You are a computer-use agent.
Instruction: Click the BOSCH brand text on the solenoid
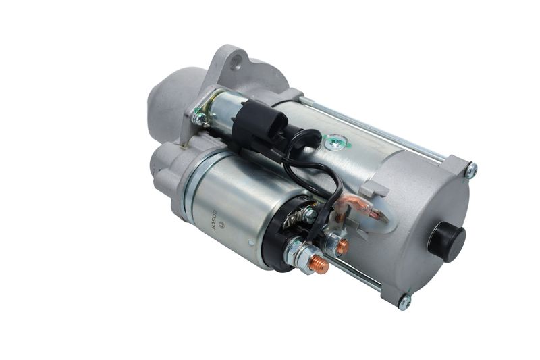(215, 220)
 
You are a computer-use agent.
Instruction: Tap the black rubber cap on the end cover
(449, 238)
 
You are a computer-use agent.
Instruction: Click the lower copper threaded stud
(319, 264)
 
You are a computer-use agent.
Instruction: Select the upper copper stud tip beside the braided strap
(343, 246)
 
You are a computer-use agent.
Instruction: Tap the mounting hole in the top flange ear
(235, 62)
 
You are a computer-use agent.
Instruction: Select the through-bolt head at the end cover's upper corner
(471, 170)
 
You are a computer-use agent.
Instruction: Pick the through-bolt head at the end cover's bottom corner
(404, 302)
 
